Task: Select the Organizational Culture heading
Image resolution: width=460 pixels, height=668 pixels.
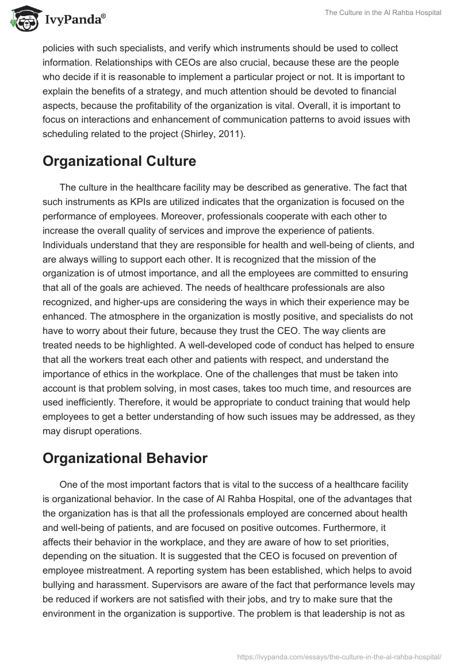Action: pos(119,162)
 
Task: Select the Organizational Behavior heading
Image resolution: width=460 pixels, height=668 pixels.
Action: pos(125,459)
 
